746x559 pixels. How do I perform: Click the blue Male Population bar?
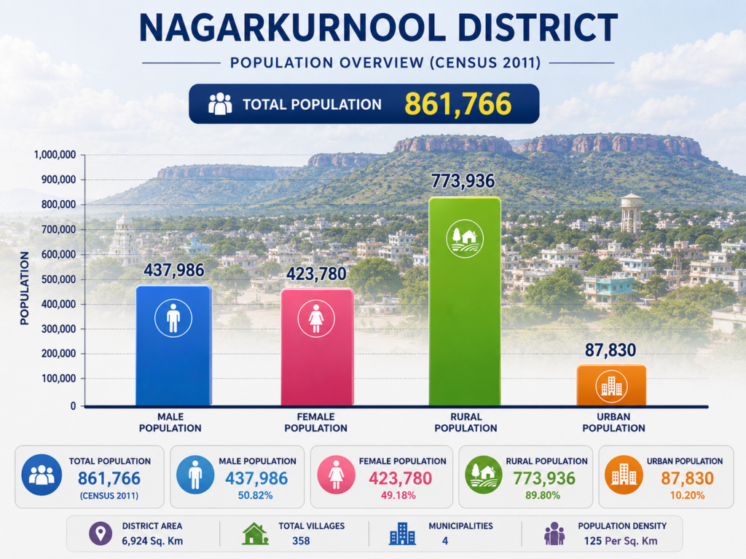tap(173, 346)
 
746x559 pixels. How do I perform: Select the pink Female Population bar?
tap(317, 347)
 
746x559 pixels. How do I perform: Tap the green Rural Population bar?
tap(465, 301)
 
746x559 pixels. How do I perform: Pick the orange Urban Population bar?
tap(611, 385)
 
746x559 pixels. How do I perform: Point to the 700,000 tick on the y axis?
tap(58, 229)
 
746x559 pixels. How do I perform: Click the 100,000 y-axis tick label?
tap(58, 378)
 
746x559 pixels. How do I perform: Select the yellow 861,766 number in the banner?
tap(458, 104)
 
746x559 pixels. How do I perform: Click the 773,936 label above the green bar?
tap(463, 181)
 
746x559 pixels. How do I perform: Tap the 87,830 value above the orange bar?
tap(610, 350)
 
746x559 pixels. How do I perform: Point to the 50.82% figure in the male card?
tap(256, 495)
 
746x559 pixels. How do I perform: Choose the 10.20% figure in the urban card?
tap(688, 495)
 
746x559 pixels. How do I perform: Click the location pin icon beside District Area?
tap(101, 534)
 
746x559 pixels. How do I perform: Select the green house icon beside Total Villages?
tap(256, 534)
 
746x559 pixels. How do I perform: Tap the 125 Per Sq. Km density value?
tap(621, 541)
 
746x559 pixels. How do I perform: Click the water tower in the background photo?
tap(632, 213)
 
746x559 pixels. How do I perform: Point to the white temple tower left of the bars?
tap(124, 239)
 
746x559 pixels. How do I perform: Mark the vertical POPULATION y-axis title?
tap(24, 288)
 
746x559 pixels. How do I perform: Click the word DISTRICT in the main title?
tap(537, 28)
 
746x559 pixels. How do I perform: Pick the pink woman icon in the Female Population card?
tap(337, 475)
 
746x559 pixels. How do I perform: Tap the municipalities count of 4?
tap(445, 541)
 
